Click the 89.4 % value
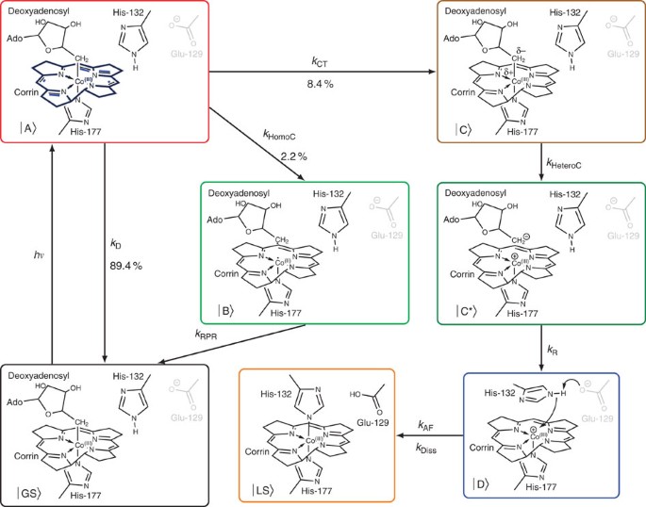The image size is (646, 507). click(124, 268)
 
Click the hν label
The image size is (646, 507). click(38, 253)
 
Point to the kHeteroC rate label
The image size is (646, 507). click(565, 164)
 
